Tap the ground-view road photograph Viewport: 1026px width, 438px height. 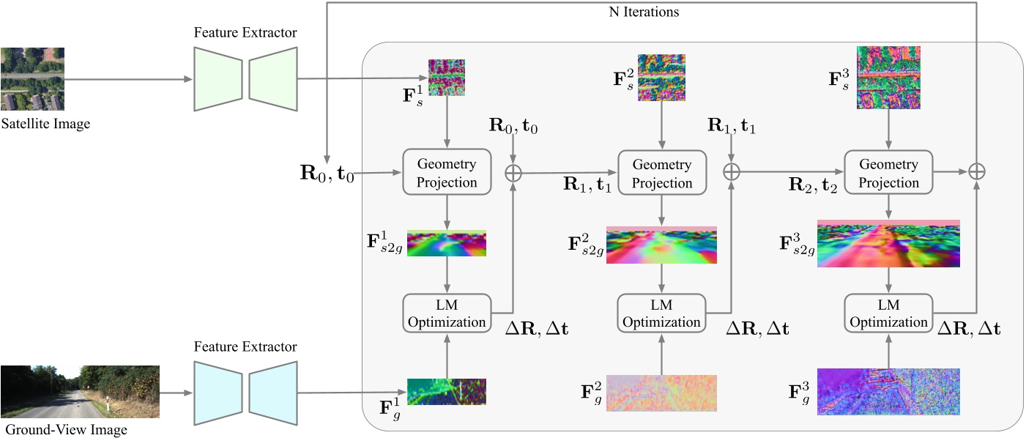tap(81, 392)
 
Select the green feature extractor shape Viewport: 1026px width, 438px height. tap(245, 79)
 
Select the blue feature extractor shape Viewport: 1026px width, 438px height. tap(245, 392)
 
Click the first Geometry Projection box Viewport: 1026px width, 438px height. tap(447, 173)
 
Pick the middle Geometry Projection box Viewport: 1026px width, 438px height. tap(662, 173)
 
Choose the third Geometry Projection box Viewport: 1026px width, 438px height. tap(888, 173)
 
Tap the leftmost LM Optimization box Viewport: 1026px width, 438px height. tap(447, 313)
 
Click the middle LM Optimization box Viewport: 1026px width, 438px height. tap(662, 313)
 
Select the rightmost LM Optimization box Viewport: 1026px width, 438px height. tap(888, 313)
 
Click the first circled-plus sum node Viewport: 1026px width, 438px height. tap(514, 172)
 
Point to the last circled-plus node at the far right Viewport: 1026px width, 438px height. tap(976, 171)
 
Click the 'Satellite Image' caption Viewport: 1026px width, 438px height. tap(45, 124)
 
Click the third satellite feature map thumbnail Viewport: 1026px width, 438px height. tap(888, 78)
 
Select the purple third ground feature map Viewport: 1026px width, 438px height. tap(888, 392)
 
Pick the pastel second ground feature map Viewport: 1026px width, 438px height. tap(662, 393)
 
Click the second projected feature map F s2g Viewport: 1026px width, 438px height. tap(662, 245)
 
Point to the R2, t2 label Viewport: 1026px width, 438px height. tap(811, 184)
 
